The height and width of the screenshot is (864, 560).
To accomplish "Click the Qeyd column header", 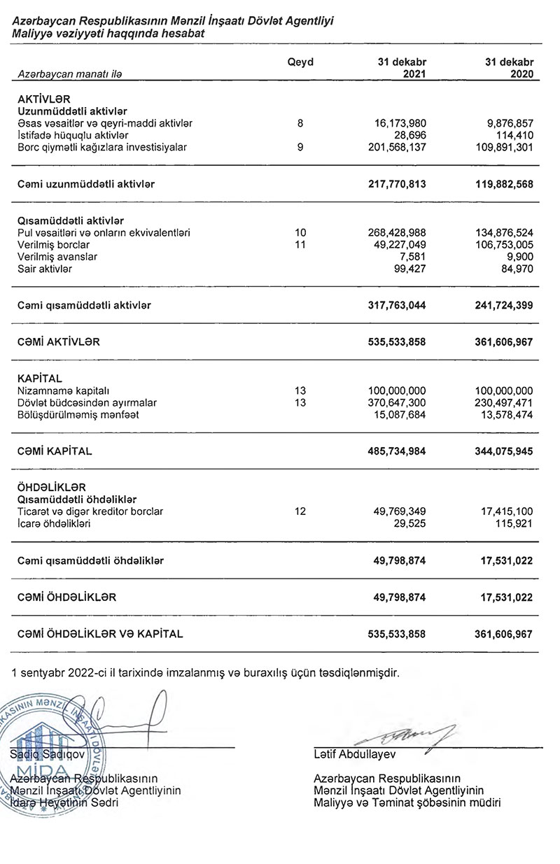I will pos(300,62).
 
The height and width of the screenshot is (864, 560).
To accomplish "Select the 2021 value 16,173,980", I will pos(397,123).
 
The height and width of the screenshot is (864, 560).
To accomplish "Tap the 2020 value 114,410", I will pos(515,135).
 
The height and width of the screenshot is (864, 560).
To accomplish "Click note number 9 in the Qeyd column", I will pos(300,147).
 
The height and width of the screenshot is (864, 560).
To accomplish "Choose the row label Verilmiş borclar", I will pos(53,245).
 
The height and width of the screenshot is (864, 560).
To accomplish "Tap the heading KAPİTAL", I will pos(40,378).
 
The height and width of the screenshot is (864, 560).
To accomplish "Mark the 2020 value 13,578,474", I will pos(503,415).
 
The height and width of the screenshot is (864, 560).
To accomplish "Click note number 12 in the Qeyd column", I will pos(300,511).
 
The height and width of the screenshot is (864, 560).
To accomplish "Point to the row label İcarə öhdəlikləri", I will pos(58,523).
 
